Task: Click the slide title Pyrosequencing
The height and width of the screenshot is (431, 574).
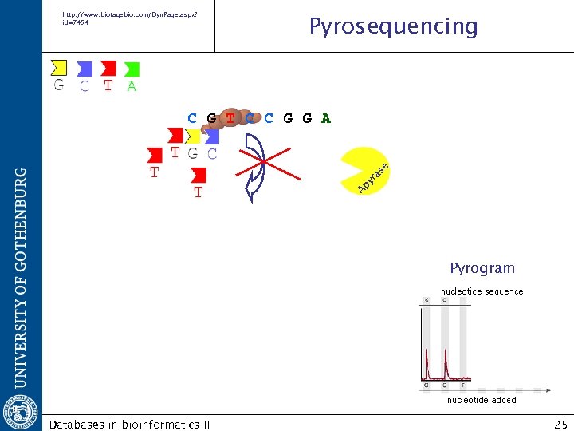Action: (x=393, y=26)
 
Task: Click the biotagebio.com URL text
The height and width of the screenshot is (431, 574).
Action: (x=127, y=18)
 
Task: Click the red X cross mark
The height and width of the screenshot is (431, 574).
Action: (x=263, y=163)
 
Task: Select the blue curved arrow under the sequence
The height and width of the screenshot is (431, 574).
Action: (x=258, y=168)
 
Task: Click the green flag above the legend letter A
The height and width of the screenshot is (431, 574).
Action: (x=132, y=69)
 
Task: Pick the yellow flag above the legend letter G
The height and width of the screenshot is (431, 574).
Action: (x=58, y=67)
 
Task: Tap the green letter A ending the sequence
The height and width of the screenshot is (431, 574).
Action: (x=325, y=119)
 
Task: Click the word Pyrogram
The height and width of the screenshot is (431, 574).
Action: (x=482, y=268)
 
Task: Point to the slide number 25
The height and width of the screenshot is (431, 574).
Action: (x=560, y=425)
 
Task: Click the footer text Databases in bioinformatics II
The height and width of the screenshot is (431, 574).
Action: (x=129, y=425)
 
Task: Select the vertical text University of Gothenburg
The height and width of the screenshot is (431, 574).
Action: (x=22, y=271)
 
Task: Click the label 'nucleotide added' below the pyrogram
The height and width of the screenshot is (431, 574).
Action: (x=481, y=400)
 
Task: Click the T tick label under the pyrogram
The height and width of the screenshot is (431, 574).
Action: (x=463, y=385)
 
